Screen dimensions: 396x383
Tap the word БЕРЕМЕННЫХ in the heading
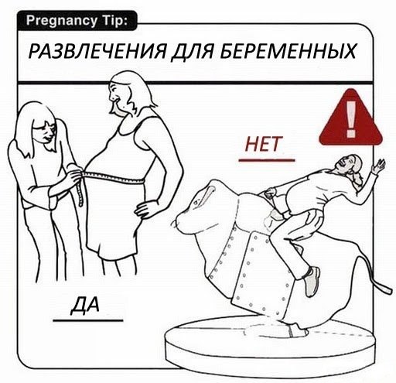click(x=288, y=51)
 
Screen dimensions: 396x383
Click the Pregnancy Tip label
click(x=77, y=20)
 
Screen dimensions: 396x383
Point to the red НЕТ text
click(x=263, y=144)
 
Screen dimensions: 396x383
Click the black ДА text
click(x=85, y=305)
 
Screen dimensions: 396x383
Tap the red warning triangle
click(x=350, y=118)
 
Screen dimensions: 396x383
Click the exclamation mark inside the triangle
click(x=351, y=118)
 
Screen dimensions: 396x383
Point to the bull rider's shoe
click(x=312, y=282)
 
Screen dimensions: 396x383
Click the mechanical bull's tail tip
click(x=387, y=289)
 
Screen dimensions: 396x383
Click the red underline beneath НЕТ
click(x=267, y=160)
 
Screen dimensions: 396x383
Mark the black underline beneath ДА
click(x=88, y=321)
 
